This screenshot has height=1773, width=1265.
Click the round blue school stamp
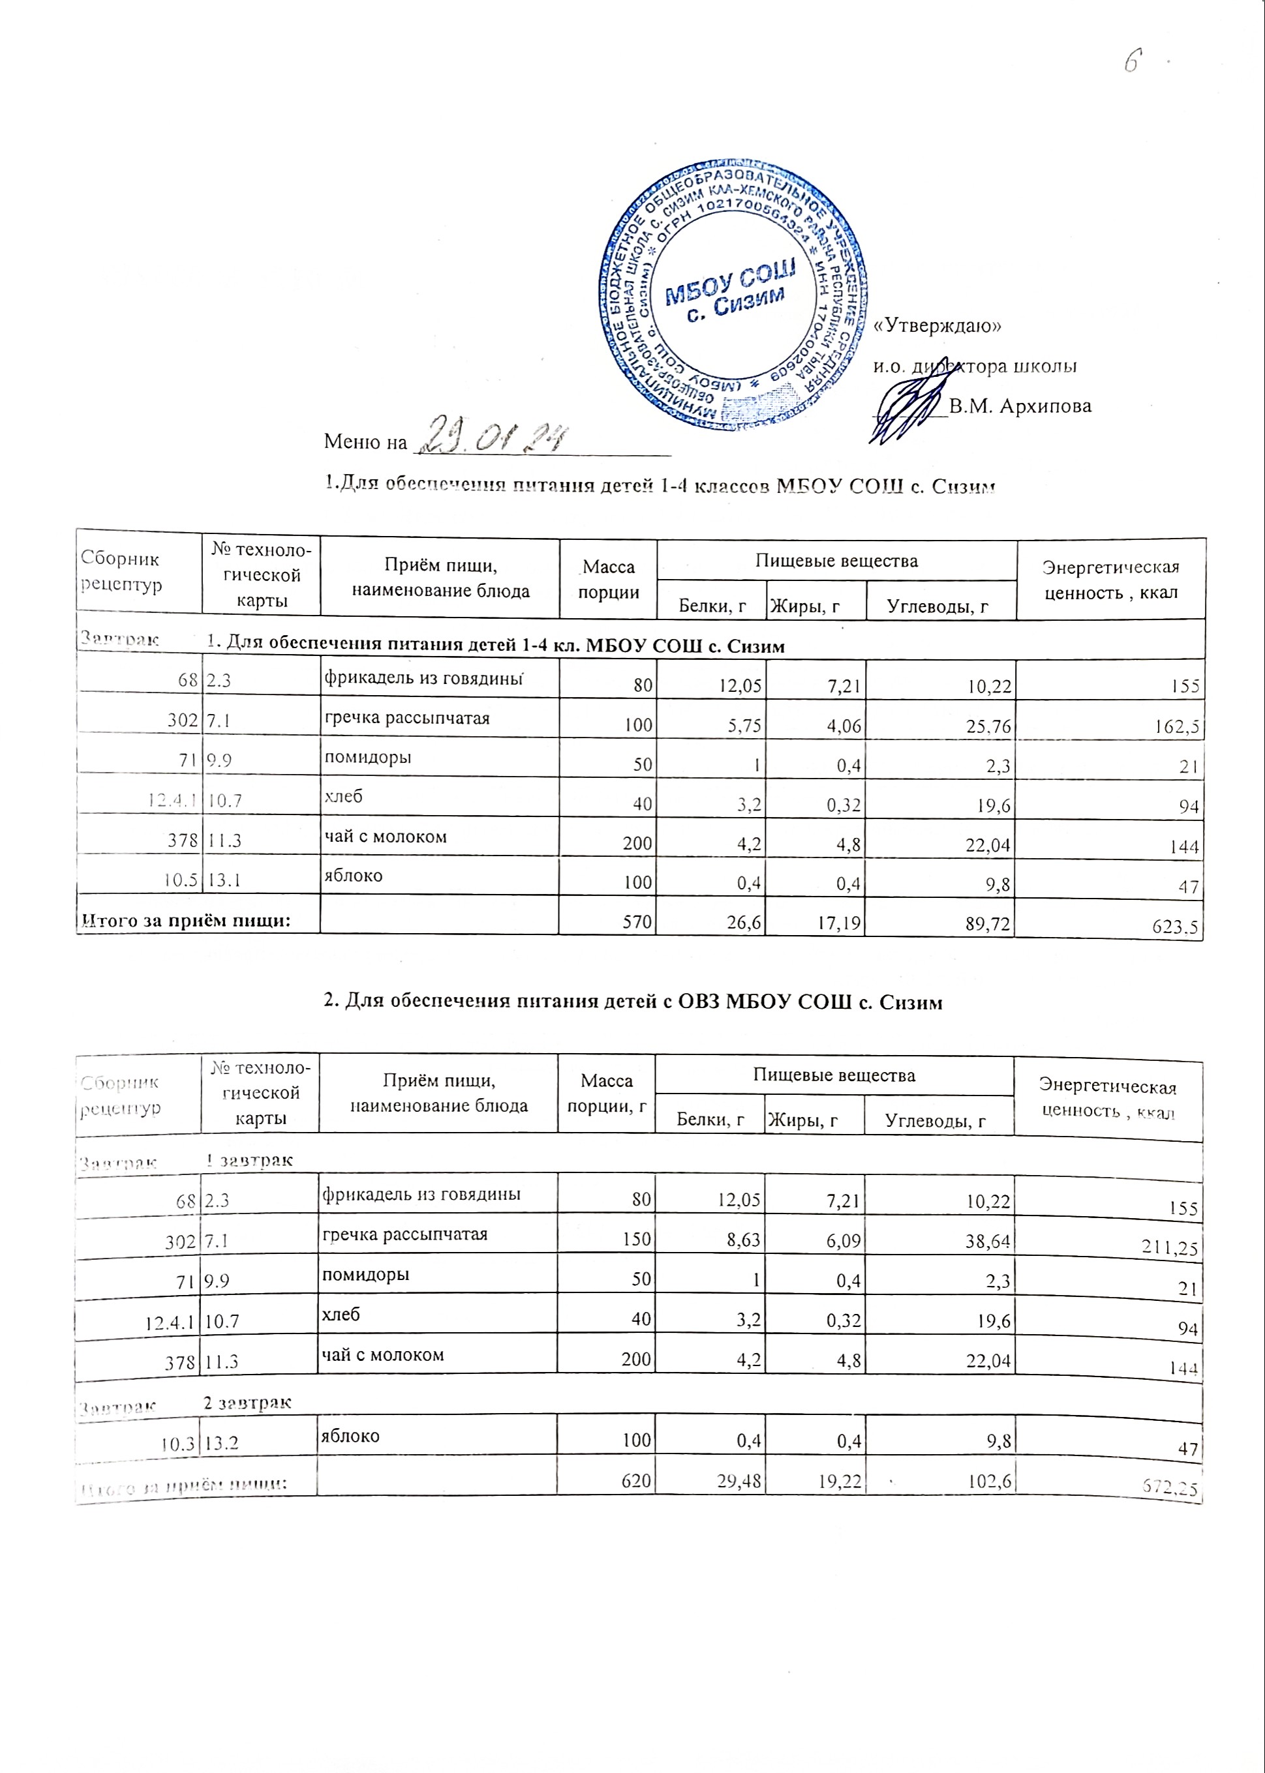tap(732, 296)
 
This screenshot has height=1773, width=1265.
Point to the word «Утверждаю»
tap(938, 325)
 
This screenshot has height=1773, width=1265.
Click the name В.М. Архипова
tap(1020, 406)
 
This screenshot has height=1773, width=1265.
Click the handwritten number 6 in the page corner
tap(1133, 60)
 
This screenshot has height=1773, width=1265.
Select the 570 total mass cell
tap(637, 923)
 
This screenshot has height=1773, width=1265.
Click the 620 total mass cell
tap(636, 1480)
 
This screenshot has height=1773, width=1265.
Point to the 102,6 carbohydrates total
tap(989, 1482)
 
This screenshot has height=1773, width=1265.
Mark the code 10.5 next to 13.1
tap(181, 881)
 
